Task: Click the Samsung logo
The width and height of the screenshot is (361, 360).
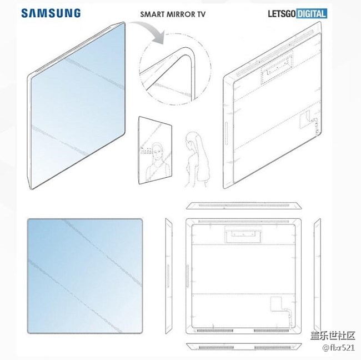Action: point(51,13)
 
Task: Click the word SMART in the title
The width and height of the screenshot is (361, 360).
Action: point(152,14)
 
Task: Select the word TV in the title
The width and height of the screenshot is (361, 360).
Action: point(200,14)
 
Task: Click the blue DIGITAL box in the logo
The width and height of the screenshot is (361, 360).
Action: point(312,13)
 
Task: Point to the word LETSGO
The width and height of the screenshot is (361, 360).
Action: point(282,14)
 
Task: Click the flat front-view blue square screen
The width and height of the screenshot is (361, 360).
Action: point(85,276)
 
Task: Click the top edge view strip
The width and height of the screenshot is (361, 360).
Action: point(244,206)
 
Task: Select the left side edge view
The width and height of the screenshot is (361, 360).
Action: point(168,276)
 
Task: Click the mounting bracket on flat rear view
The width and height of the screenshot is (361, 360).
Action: point(243,234)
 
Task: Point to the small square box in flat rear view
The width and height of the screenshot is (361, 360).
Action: point(276,304)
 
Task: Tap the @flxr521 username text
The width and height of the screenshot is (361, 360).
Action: point(338,347)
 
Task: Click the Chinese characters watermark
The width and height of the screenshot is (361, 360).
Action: point(333,336)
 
